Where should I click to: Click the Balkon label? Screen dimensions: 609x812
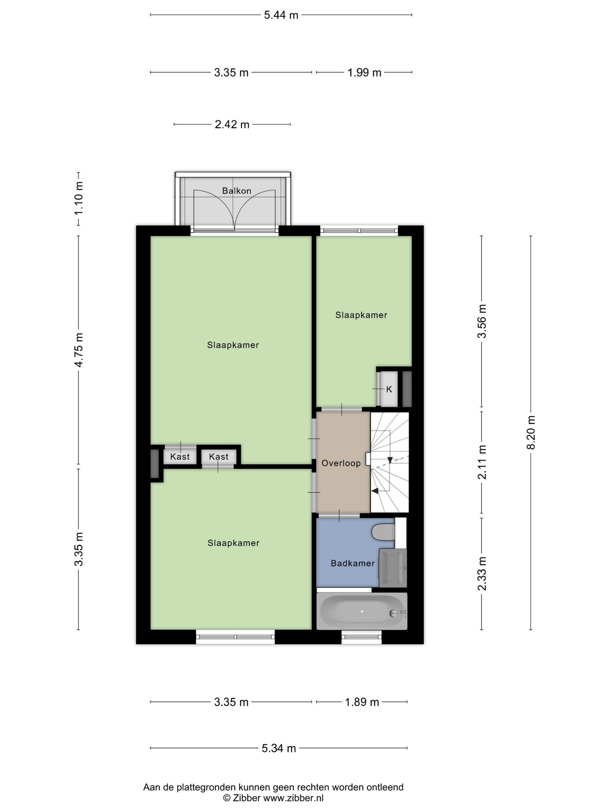pyautogui.click(x=236, y=191)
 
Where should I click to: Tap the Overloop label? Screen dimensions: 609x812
pyautogui.click(x=341, y=463)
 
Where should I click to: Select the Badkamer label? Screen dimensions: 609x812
pyautogui.click(x=352, y=563)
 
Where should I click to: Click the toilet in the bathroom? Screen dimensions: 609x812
pyautogui.click(x=383, y=532)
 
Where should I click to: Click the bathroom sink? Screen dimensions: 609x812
pyautogui.click(x=393, y=568)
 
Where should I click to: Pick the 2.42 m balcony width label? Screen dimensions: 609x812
pyautogui.click(x=232, y=124)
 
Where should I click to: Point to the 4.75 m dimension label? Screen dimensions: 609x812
pyautogui.click(x=79, y=349)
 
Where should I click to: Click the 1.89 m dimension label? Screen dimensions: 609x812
pyautogui.click(x=362, y=702)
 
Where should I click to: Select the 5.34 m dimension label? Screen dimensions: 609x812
pyautogui.click(x=279, y=748)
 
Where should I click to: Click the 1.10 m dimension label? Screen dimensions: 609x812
pyautogui.click(x=79, y=198)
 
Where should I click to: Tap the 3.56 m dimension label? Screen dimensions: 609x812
pyautogui.click(x=482, y=321)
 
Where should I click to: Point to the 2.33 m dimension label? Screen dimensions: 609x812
pyautogui.click(x=482, y=573)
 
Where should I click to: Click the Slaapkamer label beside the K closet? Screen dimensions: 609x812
pyautogui.click(x=361, y=315)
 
